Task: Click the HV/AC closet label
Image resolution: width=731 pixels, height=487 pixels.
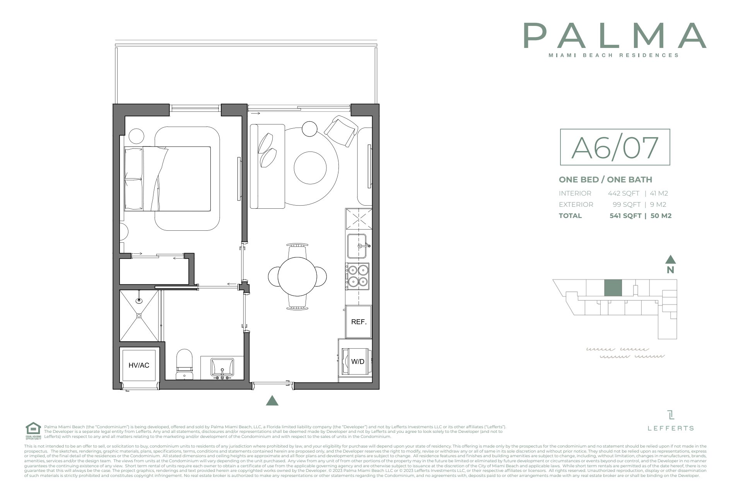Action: coord(139,365)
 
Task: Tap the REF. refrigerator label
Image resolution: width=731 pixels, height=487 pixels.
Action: coord(359,322)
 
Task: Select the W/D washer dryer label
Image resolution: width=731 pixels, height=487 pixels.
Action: coord(357,362)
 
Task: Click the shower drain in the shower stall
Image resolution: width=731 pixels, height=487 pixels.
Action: coord(139,316)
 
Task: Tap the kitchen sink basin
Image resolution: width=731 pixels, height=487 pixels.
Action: coord(357,246)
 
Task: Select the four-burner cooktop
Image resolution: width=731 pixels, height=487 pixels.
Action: coord(358,276)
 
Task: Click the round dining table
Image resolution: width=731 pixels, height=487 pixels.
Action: coord(297,276)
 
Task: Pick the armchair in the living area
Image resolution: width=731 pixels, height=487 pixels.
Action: coord(341,131)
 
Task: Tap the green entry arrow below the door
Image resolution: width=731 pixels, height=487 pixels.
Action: coord(272,401)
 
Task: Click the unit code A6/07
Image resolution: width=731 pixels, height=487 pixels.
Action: coord(615,147)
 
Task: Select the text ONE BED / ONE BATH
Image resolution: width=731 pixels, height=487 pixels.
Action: coord(605,179)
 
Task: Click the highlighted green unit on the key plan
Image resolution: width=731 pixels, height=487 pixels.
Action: coord(613,288)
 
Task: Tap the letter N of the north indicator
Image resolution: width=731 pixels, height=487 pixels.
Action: coord(670,270)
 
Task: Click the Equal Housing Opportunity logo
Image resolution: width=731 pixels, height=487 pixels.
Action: coord(33,431)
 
